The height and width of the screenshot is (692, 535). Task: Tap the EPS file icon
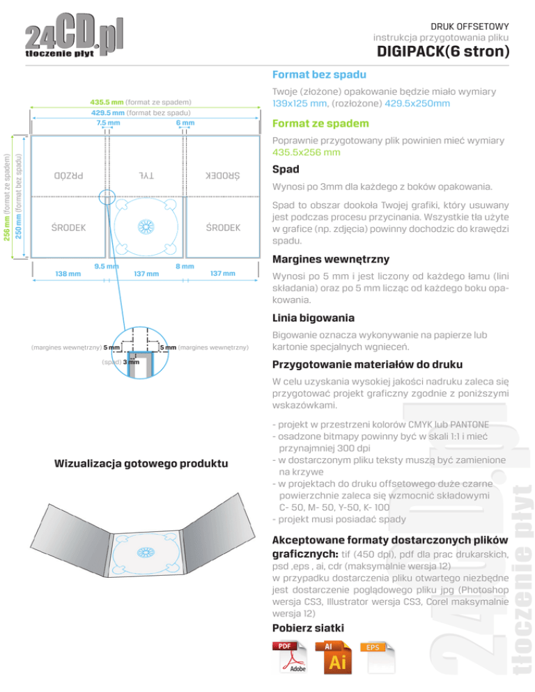[x=377, y=657]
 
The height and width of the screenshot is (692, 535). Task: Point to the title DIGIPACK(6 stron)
[x=442, y=52]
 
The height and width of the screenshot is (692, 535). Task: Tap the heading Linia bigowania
[x=313, y=318]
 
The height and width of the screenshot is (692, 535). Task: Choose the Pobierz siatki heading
[x=308, y=628]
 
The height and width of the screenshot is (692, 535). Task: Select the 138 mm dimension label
[x=68, y=274]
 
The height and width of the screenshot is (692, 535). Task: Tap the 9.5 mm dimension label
[x=105, y=266]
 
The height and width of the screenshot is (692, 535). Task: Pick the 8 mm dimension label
[x=184, y=266]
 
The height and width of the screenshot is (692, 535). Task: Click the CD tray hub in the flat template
[x=146, y=227]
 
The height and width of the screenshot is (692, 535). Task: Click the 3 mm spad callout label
[x=131, y=361]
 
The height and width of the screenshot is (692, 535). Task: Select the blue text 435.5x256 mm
[x=307, y=152]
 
